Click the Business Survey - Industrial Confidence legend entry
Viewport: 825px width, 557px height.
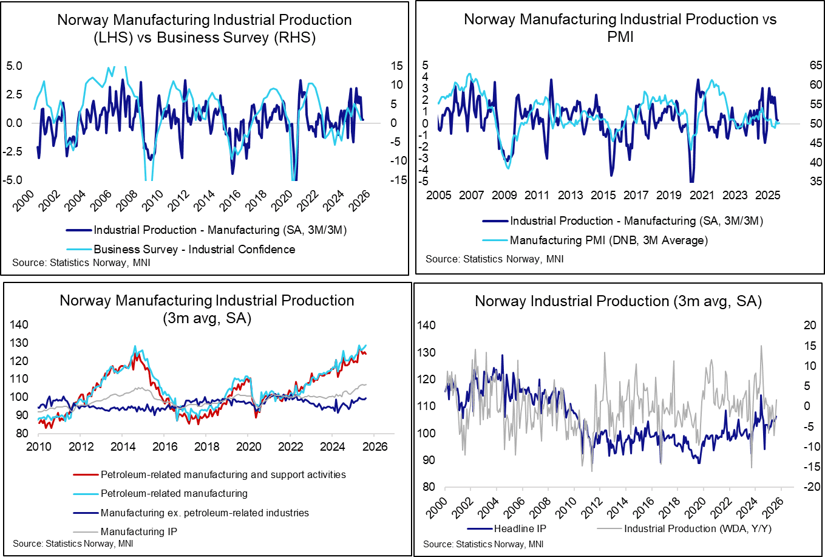click(194, 249)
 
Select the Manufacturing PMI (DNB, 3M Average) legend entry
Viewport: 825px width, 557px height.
click(609, 240)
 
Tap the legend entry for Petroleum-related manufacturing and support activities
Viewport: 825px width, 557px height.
click(222, 474)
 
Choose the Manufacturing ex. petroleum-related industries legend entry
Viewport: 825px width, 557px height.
click(205, 513)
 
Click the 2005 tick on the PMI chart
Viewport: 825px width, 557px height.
click(439, 196)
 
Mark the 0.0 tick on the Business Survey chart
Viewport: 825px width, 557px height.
click(15, 123)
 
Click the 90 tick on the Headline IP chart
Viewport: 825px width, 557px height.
click(428, 460)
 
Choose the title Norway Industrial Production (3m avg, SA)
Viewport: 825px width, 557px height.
click(619, 301)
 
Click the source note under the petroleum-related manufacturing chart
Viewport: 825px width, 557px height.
click(73, 542)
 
